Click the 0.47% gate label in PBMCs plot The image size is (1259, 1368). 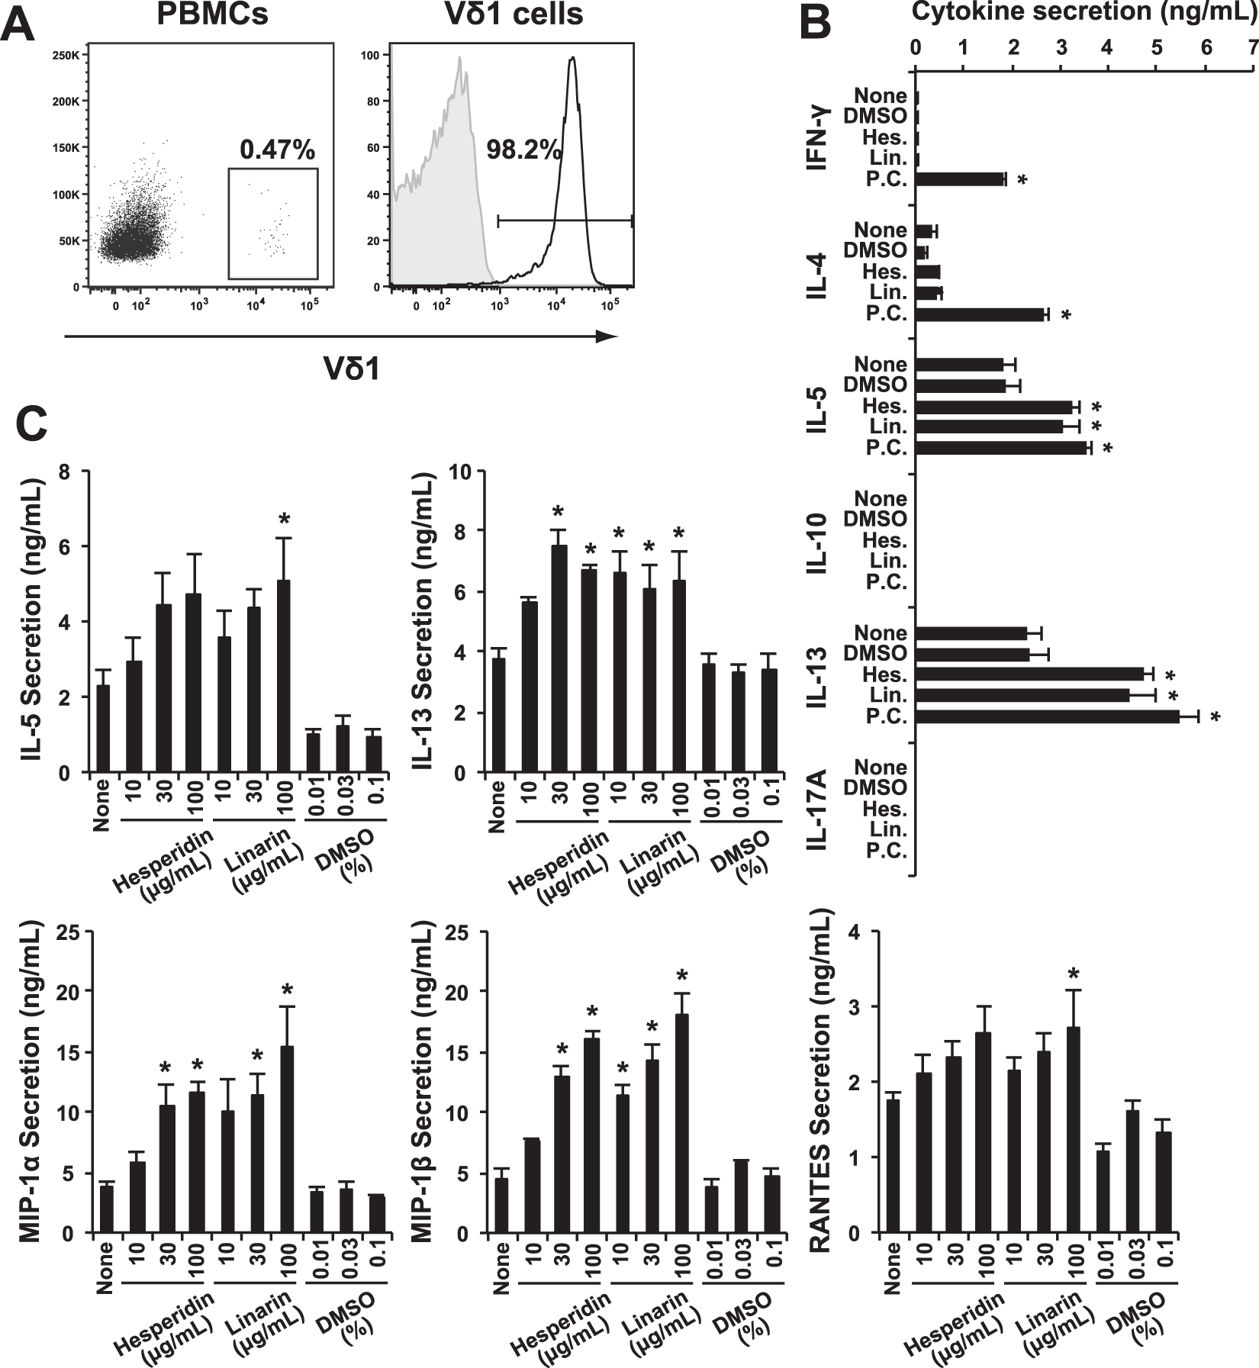point(277,150)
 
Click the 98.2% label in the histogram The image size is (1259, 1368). point(523,150)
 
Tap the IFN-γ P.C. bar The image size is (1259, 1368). point(960,179)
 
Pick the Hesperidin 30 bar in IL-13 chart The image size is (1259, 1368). point(559,658)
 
